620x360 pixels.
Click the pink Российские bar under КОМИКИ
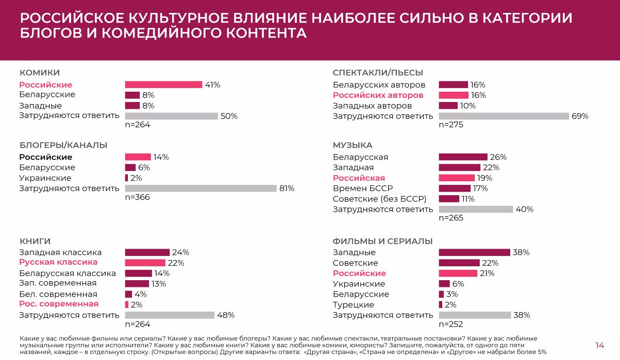point(163,85)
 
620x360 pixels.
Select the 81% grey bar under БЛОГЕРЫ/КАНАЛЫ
point(200,188)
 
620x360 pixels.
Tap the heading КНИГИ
point(35,241)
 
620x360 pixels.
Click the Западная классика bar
point(147,252)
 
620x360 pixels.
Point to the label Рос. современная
point(59,304)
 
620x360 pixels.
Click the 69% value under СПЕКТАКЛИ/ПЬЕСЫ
point(580,116)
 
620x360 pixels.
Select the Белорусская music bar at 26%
point(463,157)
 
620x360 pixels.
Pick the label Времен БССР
point(363,188)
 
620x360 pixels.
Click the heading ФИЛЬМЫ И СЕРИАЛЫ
point(382,241)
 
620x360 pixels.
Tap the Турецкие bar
point(441,305)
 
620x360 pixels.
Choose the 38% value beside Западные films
point(521,252)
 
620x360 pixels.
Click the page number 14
point(599,345)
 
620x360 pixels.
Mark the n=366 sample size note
point(138,197)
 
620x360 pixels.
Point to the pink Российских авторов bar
point(454,95)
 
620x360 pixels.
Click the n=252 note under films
point(451,324)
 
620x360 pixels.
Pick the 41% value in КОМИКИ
point(212,85)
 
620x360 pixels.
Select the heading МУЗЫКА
point(353,145)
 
